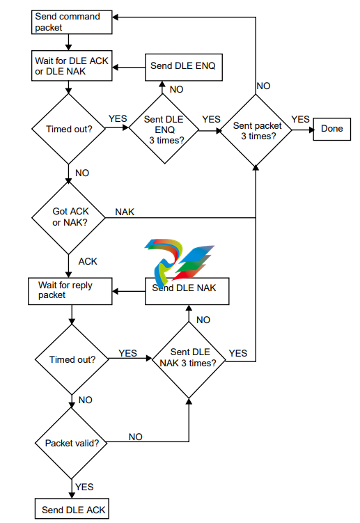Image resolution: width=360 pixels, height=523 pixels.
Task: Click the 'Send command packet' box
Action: tap(72, 22)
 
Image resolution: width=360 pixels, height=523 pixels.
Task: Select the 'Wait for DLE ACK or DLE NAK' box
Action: tap(72, 65)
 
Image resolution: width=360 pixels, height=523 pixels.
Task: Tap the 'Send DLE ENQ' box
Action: tap(184, 67)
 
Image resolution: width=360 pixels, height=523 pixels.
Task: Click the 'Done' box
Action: tap(332, 129)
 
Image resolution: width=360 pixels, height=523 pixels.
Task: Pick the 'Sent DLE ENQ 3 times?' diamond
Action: tap(164, 129)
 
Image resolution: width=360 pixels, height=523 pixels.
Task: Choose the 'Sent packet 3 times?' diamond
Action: tap(256, 130)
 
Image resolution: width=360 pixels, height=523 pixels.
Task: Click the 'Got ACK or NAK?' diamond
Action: tap(68, 218)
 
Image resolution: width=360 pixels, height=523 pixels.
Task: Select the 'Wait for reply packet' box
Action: tap(70, 291)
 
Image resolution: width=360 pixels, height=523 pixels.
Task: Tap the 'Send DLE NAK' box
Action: tap(187, 291)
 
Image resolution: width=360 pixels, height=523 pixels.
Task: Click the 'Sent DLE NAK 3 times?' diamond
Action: tap(189, 360)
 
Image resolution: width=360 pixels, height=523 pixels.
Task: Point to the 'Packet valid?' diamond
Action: tap(72, 444)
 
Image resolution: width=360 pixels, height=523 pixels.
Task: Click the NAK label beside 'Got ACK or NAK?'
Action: tap(125, 212)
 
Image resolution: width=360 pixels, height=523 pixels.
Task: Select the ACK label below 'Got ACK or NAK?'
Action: tap(88, 262)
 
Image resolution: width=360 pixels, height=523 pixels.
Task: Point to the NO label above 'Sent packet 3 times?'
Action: tap(264, 86)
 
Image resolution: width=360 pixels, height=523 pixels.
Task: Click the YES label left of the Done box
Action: tap(300, 119)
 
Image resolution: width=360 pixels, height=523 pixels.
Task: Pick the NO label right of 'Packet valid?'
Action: tap(136, 437)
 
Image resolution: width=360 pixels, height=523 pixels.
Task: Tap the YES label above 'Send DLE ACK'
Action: tap(84, 487)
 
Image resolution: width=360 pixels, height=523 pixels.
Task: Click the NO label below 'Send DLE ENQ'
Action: tap(176, 89)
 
